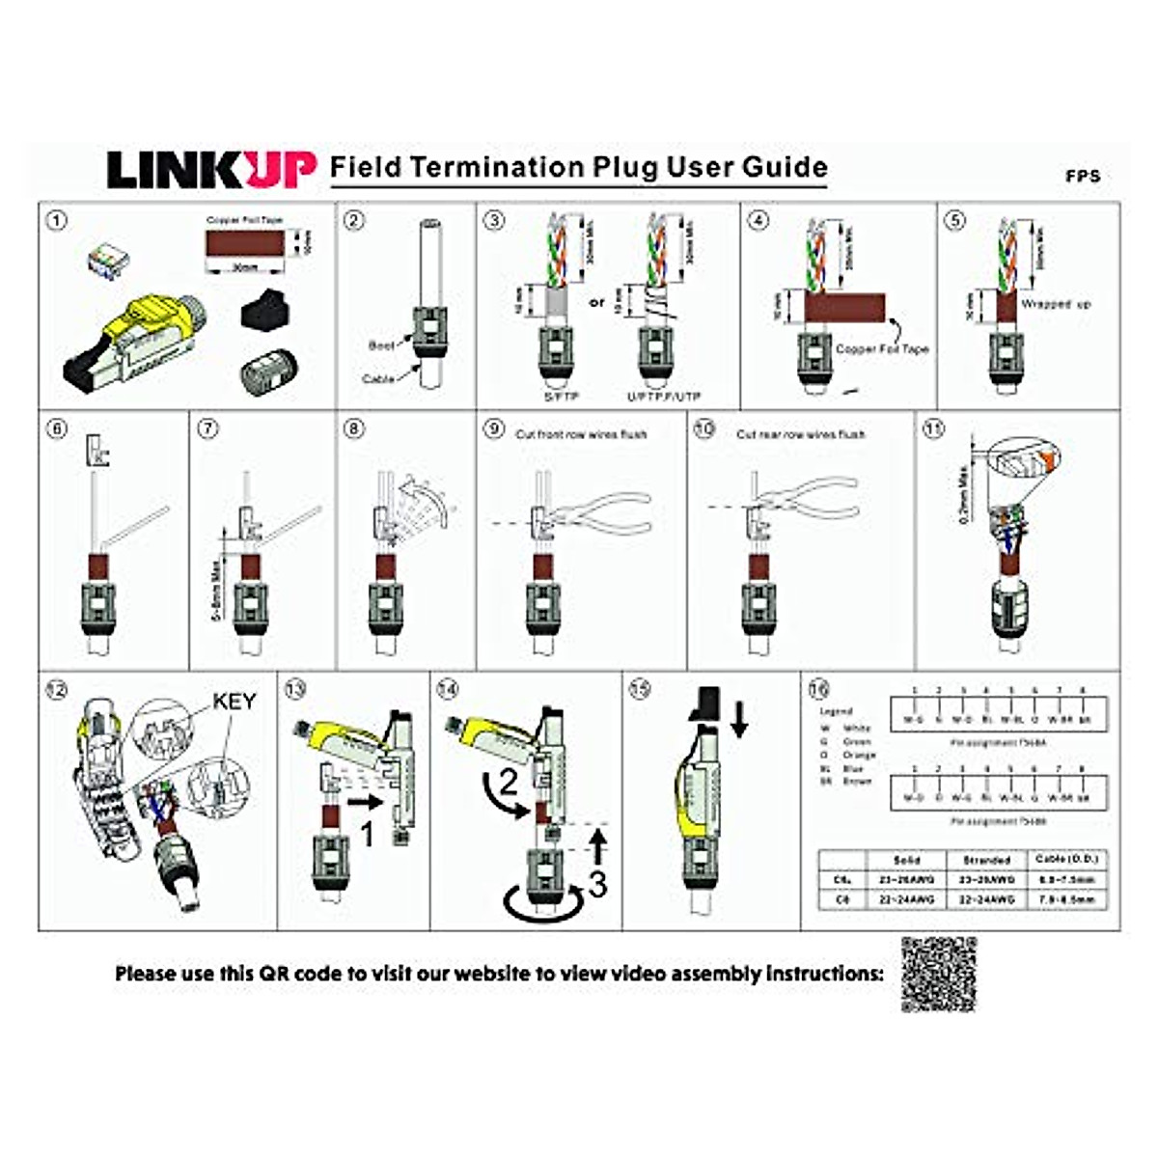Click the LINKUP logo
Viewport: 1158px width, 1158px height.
210,170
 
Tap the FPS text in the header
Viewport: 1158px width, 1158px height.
1083,177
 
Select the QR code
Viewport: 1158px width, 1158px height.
939,974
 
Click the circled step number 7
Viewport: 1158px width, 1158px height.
207,428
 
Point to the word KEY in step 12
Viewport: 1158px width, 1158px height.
234,702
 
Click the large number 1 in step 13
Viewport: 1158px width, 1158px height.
367,833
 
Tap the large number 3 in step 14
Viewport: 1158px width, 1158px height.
598,883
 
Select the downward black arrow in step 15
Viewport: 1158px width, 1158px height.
739,719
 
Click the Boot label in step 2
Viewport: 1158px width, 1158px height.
382,345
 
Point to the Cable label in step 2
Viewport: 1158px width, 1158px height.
378,379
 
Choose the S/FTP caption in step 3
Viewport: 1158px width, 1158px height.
560,397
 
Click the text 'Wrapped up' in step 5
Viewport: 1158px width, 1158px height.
1056,304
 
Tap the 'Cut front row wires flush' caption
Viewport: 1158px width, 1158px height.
581,434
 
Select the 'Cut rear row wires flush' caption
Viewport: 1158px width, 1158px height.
800,434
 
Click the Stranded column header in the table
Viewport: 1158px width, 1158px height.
986,859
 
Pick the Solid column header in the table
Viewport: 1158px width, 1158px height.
905,859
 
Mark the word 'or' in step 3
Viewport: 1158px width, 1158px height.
597,302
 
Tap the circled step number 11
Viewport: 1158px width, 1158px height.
933,428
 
